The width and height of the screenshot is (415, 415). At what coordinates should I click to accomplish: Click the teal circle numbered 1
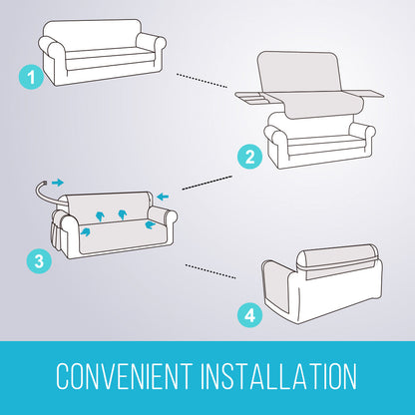[31, 77]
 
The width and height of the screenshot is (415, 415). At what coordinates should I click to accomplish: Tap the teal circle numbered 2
[249, 157]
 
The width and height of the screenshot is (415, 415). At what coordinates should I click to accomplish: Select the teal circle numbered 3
[39, 261]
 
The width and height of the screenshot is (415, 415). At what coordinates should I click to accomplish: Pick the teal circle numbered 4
[249, 314]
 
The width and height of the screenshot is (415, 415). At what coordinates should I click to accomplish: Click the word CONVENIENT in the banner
[125, 376]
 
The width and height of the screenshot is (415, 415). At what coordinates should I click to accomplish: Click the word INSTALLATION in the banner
[278, 376]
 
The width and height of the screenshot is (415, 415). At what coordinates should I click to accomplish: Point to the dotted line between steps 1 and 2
[202, 81]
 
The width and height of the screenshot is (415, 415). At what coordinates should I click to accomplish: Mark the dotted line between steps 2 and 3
[207, 183]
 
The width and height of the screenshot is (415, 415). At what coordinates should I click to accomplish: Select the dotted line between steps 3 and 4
[210, 271]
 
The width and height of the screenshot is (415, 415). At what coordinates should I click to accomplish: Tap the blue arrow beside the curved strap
[58, 183]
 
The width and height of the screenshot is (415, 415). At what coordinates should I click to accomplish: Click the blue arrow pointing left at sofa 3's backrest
[163, 197]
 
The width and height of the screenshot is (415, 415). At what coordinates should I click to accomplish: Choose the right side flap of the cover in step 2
[370, 94]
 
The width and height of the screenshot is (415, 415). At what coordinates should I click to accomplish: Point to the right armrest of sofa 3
[163, 217]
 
